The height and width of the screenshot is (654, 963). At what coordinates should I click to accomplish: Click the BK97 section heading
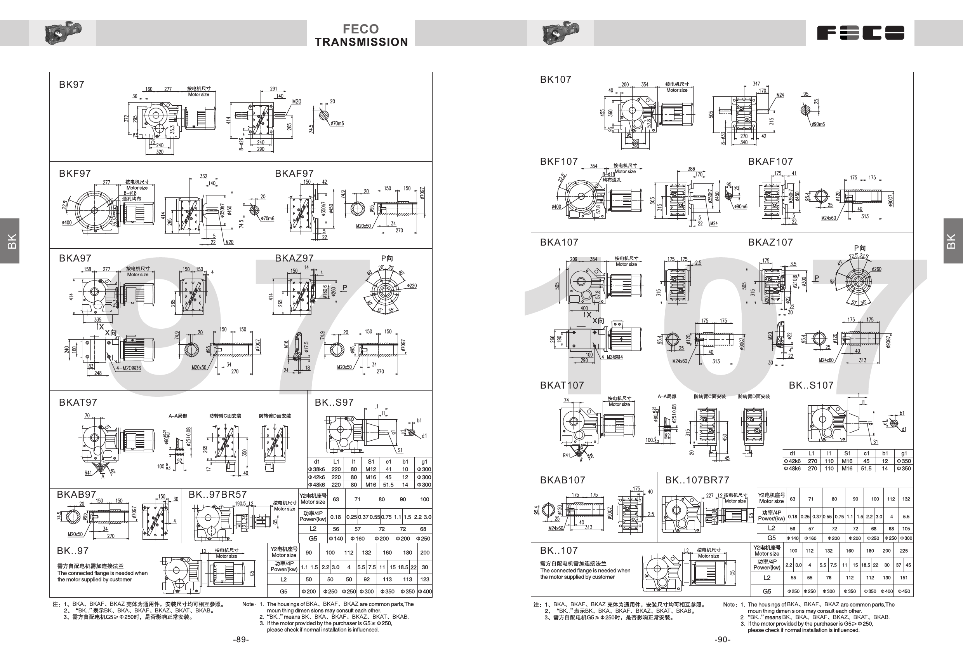pyautogui.click(x=71, y=85)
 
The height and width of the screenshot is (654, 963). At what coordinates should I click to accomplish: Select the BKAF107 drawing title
pyautogui.click(x=770, y=161)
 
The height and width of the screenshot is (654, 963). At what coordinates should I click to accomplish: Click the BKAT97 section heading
pyautogui.click(x=78, y=402)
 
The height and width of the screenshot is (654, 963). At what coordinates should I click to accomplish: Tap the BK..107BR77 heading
pyautogui.click(x=697, y=480)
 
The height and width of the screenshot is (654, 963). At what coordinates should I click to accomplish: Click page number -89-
pyautogui.click(x=241, y=640)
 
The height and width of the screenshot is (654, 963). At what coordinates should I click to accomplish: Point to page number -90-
pyautogui.click(x=722, y=640)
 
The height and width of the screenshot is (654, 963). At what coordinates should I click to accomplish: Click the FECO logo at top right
pyautogui.click(x=860, y=33)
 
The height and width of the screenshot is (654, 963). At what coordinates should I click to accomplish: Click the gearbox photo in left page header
pyautogui.click(x=63, y=33)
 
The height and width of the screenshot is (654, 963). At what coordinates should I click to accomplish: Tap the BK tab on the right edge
pyautogui.click(x=951, y=241)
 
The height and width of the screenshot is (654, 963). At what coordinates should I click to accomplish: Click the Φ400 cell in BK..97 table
pyautogui.click(x=425, y=591)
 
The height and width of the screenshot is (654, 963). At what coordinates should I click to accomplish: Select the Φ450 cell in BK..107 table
pyautogui.click(x=904, y=591)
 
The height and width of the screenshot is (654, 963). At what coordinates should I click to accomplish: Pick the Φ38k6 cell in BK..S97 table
pyautogui.click(x=316, y=469)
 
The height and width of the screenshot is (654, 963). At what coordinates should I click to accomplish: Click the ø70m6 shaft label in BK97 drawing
pyautogui.click(x=337, y=123)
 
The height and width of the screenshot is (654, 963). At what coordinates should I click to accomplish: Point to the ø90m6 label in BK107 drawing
pyautogui.click(x=818, y=124)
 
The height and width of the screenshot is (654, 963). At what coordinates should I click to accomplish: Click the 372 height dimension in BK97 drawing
pyautogui.click(x=126, y=119)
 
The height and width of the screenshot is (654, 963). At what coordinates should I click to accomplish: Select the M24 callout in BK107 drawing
pyautogui.click(x=780, y=95)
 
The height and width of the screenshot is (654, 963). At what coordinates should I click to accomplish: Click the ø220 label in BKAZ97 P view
pyautogui.click(x=412, y=286)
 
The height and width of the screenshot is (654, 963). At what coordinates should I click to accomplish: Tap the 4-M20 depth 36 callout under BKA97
pyautogui.click(x=128, y=368)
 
